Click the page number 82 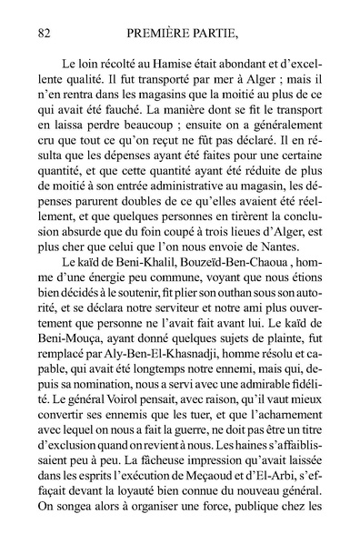point(42,33)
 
